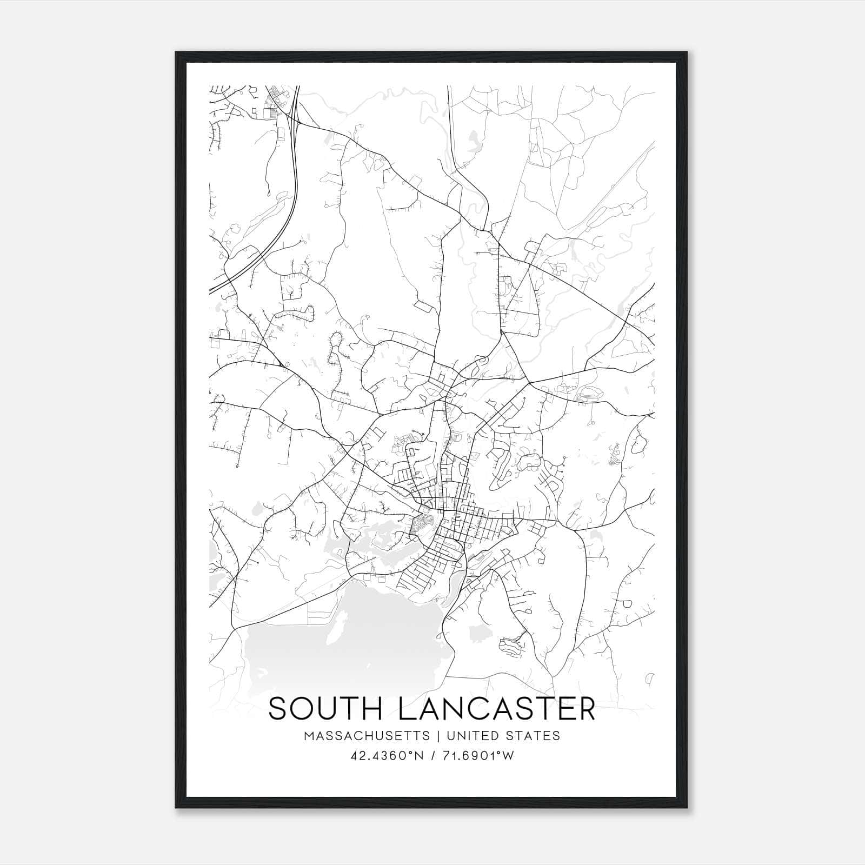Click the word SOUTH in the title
pos(325,709)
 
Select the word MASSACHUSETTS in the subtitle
pos(367,736)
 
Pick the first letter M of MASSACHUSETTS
pos(309,736)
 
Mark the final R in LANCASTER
pos(585,709)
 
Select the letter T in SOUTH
pos(350,709)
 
